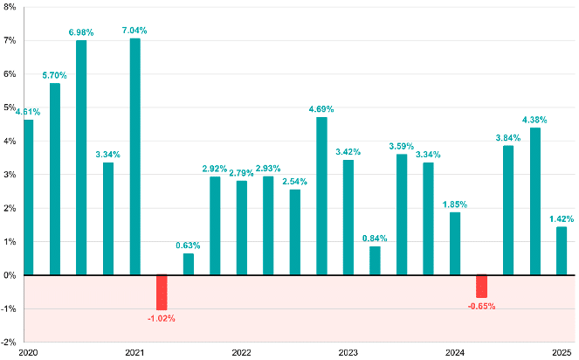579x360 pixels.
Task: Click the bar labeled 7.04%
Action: coord(134,157)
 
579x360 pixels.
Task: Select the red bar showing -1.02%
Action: coord(162,292)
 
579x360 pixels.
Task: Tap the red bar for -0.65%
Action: coord(481,286)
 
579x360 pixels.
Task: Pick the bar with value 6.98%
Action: coord(81,158)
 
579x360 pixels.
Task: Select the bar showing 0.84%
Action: coord(375,260)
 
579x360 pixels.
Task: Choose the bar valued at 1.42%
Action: coord(562,251)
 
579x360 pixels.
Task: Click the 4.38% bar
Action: coord(534,201)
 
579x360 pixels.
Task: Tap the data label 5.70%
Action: coord(55,75)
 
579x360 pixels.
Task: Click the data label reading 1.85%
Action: coord(454,204)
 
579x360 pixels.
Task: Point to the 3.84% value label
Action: coord(507,137)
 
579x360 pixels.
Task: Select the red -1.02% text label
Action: coord(162,318)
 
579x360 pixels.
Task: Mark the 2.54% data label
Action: coord(294,181)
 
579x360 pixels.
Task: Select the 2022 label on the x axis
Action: coord(241,352)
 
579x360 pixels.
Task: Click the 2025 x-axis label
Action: coord(562,352)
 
